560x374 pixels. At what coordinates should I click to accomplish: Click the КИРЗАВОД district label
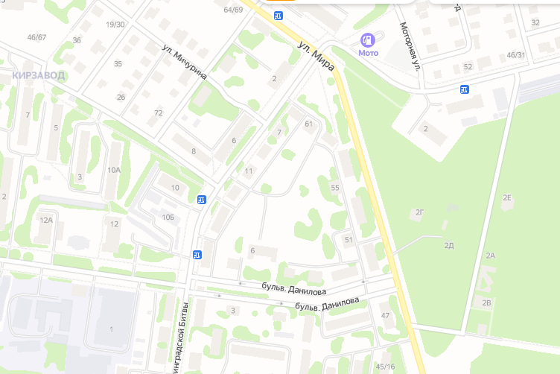(x=39, y=75)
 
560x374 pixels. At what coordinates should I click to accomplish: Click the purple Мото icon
(x=368, y=39)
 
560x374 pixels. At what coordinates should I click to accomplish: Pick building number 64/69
(x=233, y=10)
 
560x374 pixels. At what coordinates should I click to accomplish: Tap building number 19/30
(x=115, y=25)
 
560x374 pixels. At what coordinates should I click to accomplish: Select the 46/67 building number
(x=36, y=37)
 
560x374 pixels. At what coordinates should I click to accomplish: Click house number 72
(x=159, y=113)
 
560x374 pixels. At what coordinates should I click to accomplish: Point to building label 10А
(x=113, y=170)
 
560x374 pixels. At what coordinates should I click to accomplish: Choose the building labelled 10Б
(x=167, y=217)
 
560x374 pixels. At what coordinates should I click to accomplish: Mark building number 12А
(x=46, y=220)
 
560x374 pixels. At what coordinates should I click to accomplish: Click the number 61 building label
(x=308, y=124)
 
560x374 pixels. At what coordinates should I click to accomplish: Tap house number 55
(x=335, y=188)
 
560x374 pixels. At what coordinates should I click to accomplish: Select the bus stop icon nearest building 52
(x=465, y=89)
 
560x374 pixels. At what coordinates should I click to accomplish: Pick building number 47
(x=385, y=316)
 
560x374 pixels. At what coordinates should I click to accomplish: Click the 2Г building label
(x=419, y=213)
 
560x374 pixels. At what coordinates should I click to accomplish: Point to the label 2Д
(x=449, y=245)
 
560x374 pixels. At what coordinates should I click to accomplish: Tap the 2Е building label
(x=507, y=197)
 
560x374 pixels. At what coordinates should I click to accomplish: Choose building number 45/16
(x=385, y=366)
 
